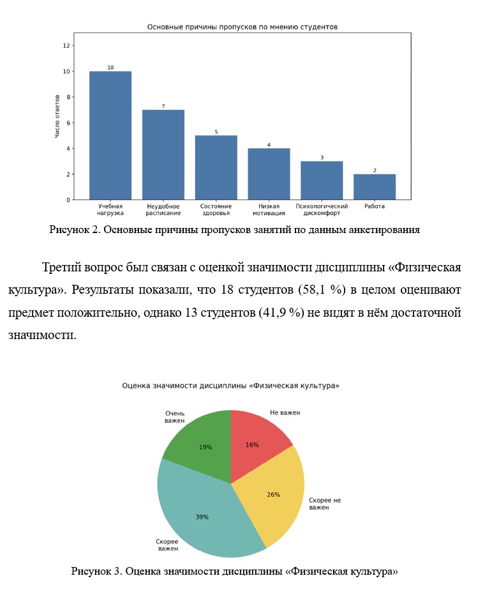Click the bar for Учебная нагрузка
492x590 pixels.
click(x=110, y=135)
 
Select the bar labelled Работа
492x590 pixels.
click(x=375, y=187)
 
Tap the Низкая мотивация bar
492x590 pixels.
click(x=269, y=174)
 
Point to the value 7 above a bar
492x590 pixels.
click(x=163, y=106)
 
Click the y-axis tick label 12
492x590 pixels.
click(x=66, y=45)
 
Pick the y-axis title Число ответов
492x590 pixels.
click(x=57, y=116)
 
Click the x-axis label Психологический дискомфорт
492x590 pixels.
click(x=322, y=209)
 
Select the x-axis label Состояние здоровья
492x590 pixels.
click(x=216, y=209)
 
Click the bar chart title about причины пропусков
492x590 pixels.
click(x=242, y=27)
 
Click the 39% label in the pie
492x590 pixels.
click(x=202, y=517)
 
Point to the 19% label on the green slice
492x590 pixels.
click(x=205, y=447)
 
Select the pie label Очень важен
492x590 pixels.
click(x=175, y=417)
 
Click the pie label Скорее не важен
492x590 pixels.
click(x=325, y=504)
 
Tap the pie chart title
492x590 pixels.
click(x=230, y=386)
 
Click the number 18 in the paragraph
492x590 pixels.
click(x=227, y=290)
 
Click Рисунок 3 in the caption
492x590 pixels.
click(x=96, y=571)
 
